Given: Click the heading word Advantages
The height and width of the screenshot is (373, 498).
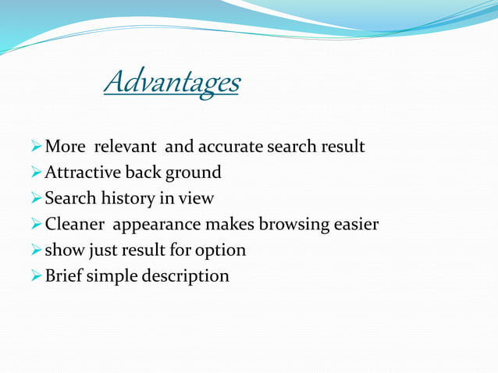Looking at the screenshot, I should pos(172,82).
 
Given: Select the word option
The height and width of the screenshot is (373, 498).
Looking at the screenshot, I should pos(220,250).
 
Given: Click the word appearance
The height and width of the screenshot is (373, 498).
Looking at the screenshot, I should pos(156,225).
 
